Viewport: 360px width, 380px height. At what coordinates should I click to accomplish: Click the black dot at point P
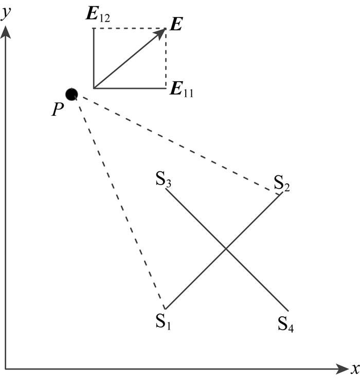click(x=71, y=94)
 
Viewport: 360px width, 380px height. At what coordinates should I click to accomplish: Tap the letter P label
click(x=57, y=111)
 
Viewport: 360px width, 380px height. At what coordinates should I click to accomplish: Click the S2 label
click(x=281, y=183)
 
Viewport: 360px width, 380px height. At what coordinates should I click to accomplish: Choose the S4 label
click(x=286, y=323)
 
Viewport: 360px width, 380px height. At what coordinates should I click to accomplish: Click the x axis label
click(x=354, y=369)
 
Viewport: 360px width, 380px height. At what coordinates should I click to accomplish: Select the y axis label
click(x=6, y=14)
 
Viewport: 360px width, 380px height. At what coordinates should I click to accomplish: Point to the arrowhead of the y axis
click(x=6, y=32)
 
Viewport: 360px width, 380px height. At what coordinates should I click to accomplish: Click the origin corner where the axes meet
click(x=6, y=369)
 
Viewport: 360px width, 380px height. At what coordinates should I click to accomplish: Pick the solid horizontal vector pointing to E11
click(x=129, y=88)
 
